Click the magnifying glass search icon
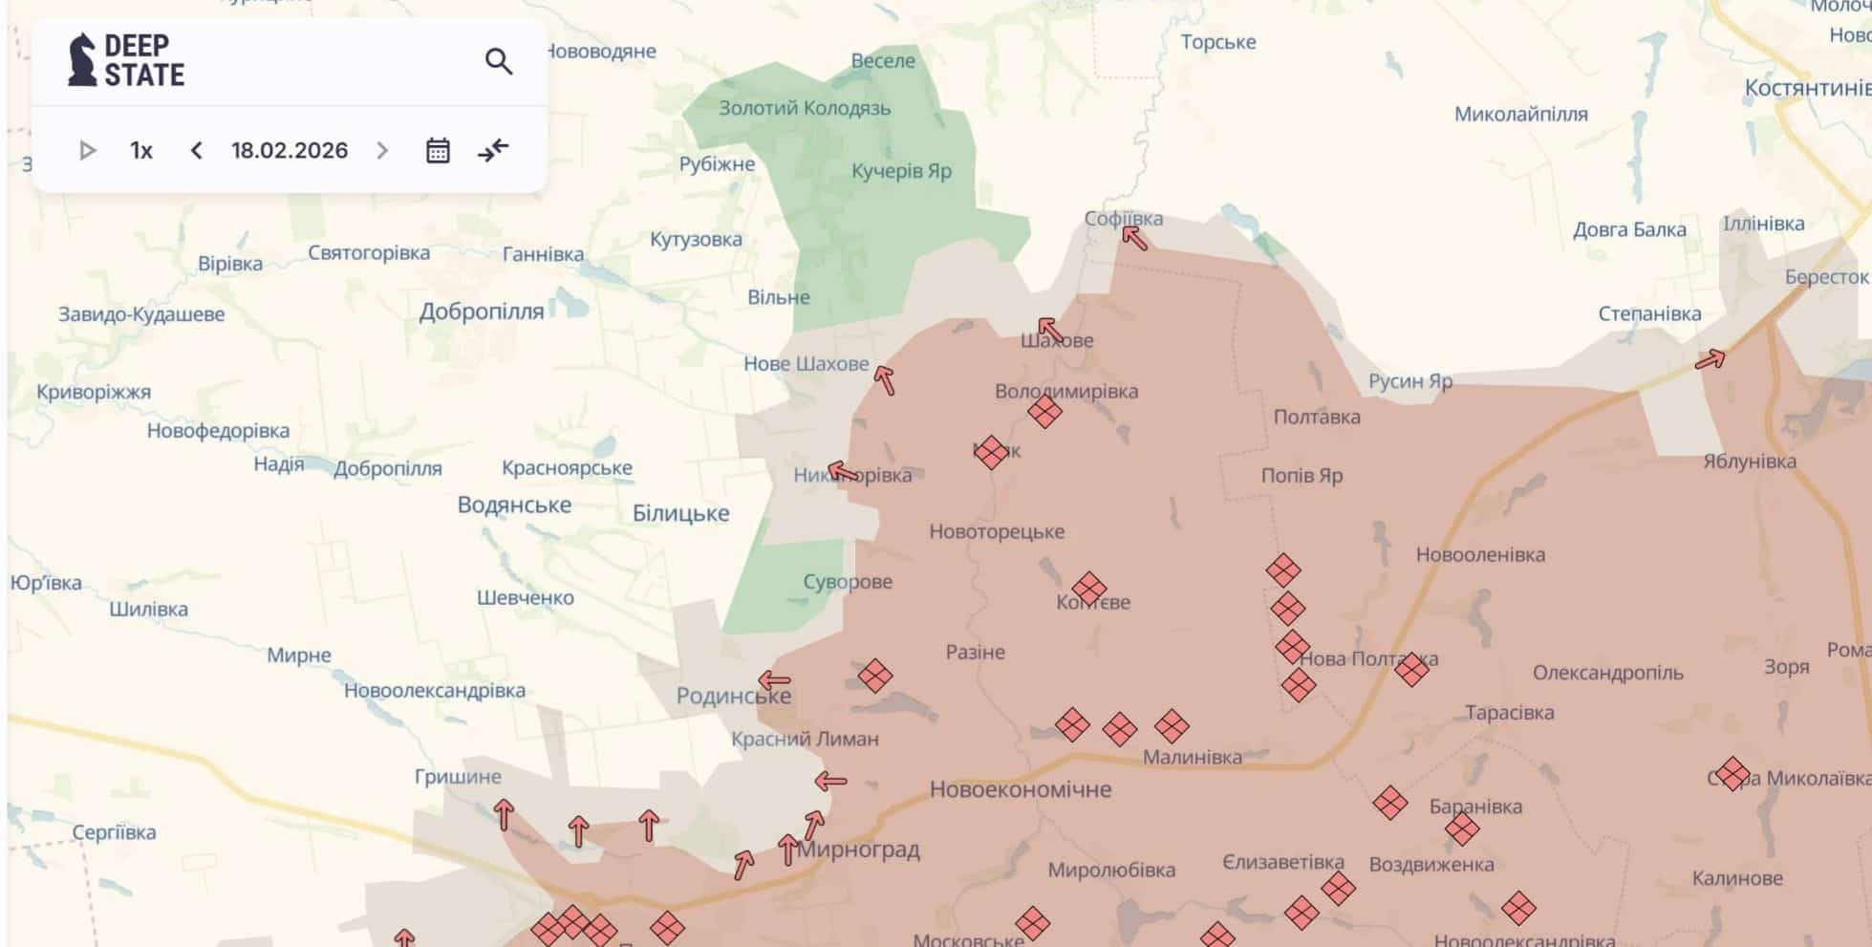pyautogui.click(x=498, y=62)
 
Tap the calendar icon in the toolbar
pyautogui.click(x=438, y=151)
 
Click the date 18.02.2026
pyautogui.click(x=290, y=151)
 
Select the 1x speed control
pyautogui.click(x=141, y=151)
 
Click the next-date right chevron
pyautogui.click(x=382, y=151)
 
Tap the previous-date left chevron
pyautogui.click(x=197, y=151)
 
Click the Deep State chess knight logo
pyautogui.click(x=83, y=60)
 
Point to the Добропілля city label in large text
pyautogui.click(x=482, y=312)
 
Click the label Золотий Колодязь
pyautogui.click(x=805, y=108)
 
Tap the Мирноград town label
pyautogui.click(x=859, y=850)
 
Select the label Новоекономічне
pyautogui.click(x=1021, y=789)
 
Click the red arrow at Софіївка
pyautogui.click(x=1134, y=237)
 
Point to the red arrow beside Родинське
pyautogui.click(x=774, y=681)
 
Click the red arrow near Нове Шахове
pyautogui.click(x=885, y=380)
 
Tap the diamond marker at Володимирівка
pyautogui.click(x=1044, y=412)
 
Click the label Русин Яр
pyautogui.click(x=1409, y=381)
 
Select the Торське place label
pyautogui.click(x=1217, y=42)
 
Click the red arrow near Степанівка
pyautogui.click(x=1710, y=360)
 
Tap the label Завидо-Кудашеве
pyautogui.click(x=141, y=314)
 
